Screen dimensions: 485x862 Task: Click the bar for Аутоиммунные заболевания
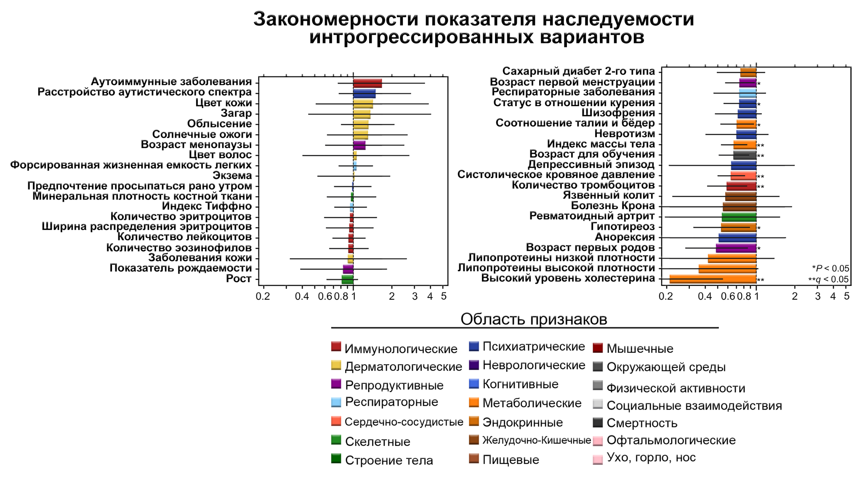coord(367,83)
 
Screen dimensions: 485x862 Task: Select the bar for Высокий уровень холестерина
coord(713,279)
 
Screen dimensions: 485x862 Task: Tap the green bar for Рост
coord(347,280)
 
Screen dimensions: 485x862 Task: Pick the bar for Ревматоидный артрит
coord(739,217)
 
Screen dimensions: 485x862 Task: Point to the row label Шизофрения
coord(618,113)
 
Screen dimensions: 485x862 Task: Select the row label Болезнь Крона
coord(613,206)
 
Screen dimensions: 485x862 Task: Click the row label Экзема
coord(232,176)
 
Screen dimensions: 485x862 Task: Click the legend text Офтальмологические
coord(671,440)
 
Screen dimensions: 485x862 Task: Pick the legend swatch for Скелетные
coord(336,440)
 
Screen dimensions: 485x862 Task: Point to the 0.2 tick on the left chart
coord(263,296)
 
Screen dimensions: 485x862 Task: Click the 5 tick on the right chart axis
coord(846,296)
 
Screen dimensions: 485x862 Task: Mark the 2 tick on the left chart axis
coord(392,296)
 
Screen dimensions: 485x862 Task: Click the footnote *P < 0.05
coord(830,269)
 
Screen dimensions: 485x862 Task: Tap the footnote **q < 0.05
coord(828,280)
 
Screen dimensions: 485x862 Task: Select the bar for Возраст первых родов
coord(736,248)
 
